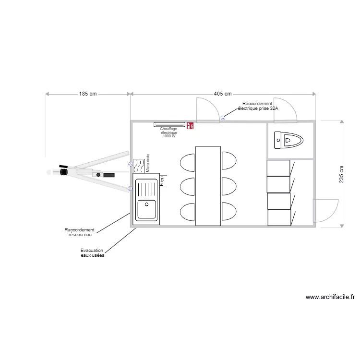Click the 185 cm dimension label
point(88,94)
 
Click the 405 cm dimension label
point(223,94)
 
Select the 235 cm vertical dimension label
point(341,174)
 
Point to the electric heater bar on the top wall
point(169,125)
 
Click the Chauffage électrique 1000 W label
point(169,132)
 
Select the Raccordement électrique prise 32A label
point(258,106)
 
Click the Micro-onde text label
point(148,163)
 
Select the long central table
point(208,186)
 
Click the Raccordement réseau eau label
point(80,232)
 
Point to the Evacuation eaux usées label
point(93,253)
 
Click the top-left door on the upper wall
point(206,110)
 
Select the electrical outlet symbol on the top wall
point(223,118)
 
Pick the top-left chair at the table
point(187,161)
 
